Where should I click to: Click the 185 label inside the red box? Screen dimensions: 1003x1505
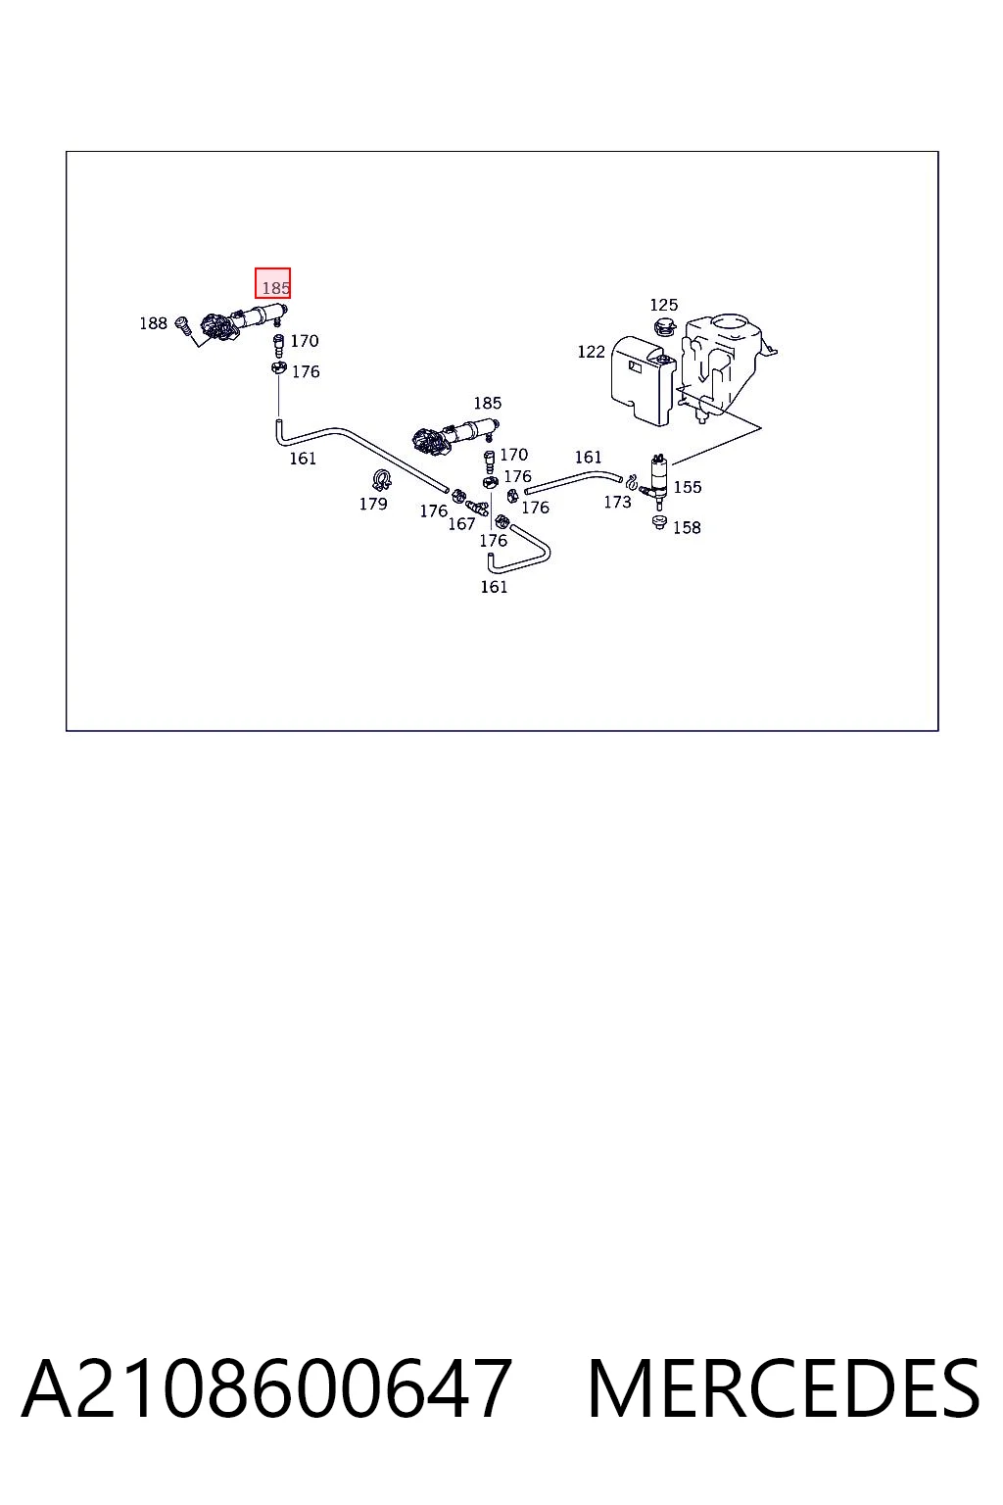pyautogui.click(x=275, y=288)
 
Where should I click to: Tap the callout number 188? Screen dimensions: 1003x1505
pyautogui.click(x=153, y=323)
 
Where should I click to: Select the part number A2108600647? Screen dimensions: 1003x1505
pyautogui.click(x=266, y=1388)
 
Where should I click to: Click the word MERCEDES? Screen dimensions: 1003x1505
pyautogui.click(x=784, y=1388)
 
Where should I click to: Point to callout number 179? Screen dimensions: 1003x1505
pyautogui.click(x=373, y=504)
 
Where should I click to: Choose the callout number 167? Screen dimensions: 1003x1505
pyautogui.click(x=461, y=524)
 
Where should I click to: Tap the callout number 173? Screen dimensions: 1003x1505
pyautogui.click(x=617, y=502)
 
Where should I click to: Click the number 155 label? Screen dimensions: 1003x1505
pyautogui.click(x=688, y=487)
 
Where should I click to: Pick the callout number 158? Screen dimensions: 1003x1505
pyautogui.click(x=687, y=527)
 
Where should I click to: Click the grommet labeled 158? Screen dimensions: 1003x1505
pyautogui.click(x=660, y=522)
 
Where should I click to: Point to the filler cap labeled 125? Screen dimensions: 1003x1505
pyautogui.click(x=664, y=329)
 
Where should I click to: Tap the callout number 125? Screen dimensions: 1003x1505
pyautogui.click(x=664, y=305)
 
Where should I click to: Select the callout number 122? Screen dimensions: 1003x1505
pyautogui.click(x=592, y=352)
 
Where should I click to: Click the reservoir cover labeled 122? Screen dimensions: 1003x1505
pyautogui.click(x=643, y=379)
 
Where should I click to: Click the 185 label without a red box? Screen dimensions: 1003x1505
pyautogui.click(x=488, y=403)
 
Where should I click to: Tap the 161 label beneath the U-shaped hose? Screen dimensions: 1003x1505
pyautogui.click(x=494, y=587)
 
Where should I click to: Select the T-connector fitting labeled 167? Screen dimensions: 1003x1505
pyautogui.click(x=477, y=507)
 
